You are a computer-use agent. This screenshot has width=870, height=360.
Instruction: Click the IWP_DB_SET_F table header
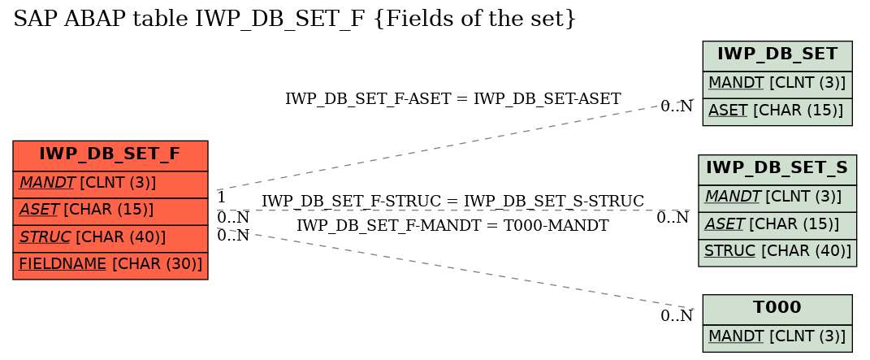pos(110,156)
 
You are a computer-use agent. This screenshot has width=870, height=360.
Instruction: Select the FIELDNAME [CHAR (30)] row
pos(110,266)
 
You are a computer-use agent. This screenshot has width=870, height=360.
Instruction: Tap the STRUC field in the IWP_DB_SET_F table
pos(110,239)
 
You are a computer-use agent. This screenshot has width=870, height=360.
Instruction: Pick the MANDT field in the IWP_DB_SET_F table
pos(110,184)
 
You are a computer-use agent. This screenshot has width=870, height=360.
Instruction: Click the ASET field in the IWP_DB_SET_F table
pos(110,211)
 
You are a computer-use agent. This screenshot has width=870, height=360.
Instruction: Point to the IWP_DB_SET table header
pos(777,56)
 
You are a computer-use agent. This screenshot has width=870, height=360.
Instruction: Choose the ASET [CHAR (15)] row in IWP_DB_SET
pos(777,112)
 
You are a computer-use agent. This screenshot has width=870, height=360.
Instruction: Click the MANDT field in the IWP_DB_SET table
pos(777,85)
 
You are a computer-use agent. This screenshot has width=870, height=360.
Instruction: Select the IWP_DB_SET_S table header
pos(777,171)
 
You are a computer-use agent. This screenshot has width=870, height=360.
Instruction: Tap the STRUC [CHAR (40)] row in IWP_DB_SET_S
pos(777,253)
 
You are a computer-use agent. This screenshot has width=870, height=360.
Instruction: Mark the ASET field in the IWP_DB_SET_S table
pos(777,226)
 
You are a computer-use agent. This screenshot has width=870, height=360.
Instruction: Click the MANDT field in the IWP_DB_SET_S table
pos(777,198)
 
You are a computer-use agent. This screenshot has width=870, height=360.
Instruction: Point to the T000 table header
pos(777,310)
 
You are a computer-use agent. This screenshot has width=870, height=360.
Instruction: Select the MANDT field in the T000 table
pos(777,338)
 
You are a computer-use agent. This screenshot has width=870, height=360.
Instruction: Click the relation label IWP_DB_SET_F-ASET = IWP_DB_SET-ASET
pos(452,99)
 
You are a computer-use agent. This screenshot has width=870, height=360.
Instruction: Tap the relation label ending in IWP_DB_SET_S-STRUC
pos(452,201)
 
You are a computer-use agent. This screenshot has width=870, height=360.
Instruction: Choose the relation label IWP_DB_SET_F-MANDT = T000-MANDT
pos(452,225)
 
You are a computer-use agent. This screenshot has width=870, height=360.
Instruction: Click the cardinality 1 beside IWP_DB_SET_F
pos(221,197)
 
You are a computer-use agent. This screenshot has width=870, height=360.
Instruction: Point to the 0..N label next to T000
pos(677,315)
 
